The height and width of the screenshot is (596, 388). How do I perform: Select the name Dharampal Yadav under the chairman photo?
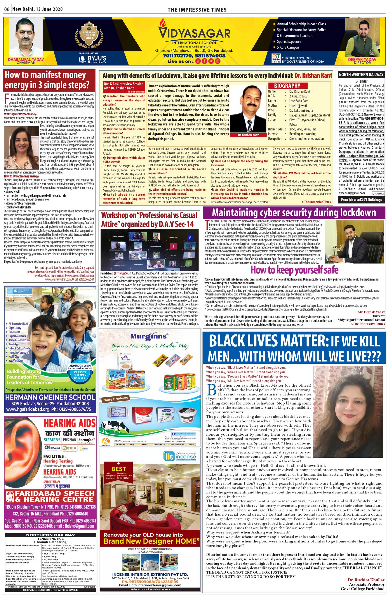(26, 59)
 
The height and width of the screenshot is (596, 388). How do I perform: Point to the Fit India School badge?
(276, 58)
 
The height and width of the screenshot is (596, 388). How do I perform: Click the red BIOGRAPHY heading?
(287, 86)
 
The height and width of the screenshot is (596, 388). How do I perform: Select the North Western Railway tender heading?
(361, 75)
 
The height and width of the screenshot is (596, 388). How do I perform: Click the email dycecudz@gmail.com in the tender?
(352, 193)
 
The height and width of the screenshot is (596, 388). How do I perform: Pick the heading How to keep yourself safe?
(294, 270)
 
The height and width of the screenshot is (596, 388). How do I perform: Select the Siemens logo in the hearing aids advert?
(52, 440)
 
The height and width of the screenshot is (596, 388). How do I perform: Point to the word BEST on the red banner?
(118, 469)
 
